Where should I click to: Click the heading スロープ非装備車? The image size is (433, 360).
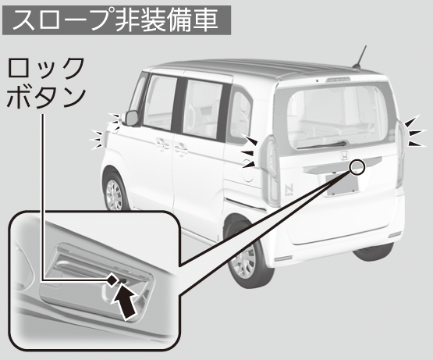pos(115,20)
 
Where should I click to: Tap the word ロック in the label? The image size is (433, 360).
pos(46,68)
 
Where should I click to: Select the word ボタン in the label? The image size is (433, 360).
pos(46,97)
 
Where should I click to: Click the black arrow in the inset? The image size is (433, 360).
pos(125,302)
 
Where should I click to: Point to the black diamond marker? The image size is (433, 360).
pos(112,280)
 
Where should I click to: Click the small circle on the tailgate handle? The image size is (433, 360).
pos(357,167)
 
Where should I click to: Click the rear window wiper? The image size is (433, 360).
pos(322,144)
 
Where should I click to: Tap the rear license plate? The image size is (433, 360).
pos(342,184)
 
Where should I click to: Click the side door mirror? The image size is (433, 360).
pos(132,118)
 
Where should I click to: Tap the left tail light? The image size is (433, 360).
pos(270,170)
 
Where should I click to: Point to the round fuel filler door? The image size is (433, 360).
pos(247,170)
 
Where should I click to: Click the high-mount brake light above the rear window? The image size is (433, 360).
pos(339,80)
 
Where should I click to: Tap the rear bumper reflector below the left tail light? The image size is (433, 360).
pos(284,258)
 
